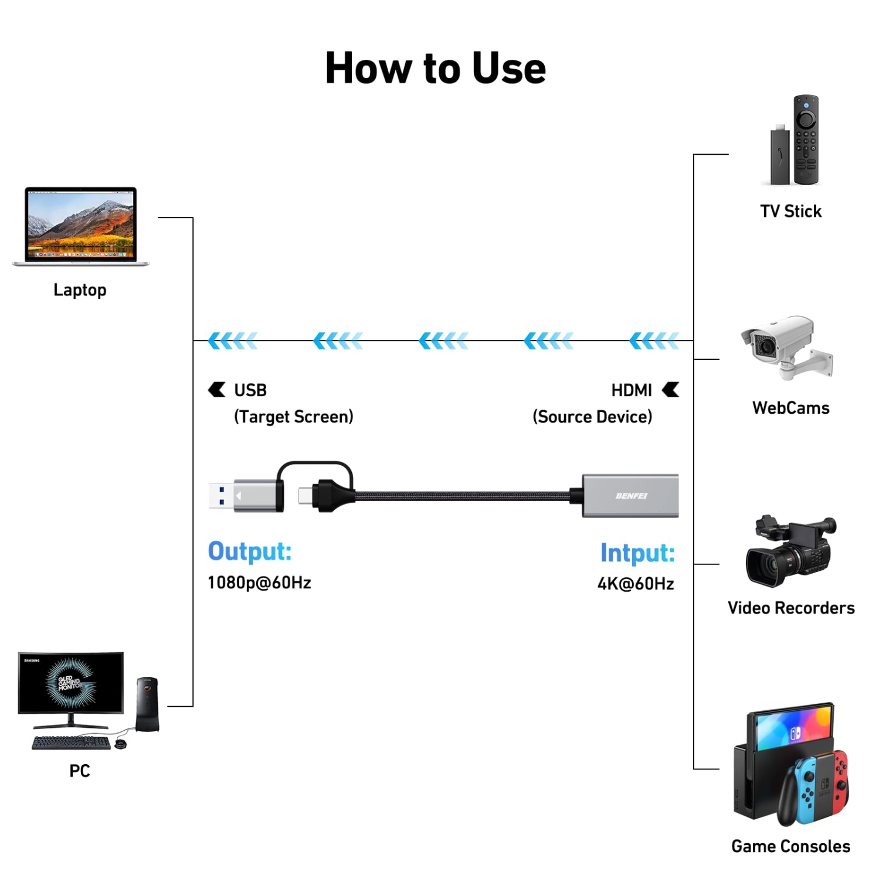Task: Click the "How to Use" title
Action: pos(435,68)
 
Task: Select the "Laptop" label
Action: pos(80,290)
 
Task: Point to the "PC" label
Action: pos(80,771)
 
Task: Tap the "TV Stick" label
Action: pos(790,211)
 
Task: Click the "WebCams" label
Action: pos(790,408)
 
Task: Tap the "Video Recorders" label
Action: pos(790,608)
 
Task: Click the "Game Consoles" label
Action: pos(790,846)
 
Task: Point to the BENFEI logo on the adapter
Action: pos(631,496)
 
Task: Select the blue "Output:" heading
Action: pos(250,551)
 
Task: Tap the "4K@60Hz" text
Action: pos(636,584)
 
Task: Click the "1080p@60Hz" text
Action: pos(259,582)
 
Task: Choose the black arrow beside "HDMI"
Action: pos(670,390)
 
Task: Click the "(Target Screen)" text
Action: pos(293,417)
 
